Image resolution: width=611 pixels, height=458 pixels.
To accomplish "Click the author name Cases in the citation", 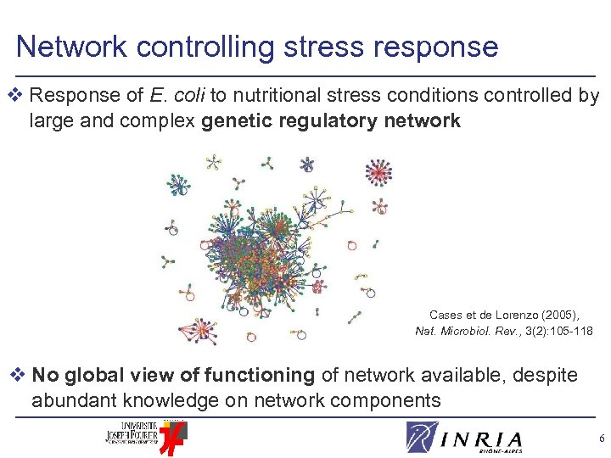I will (445, 314).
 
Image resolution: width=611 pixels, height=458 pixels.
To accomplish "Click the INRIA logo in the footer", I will (464, 437).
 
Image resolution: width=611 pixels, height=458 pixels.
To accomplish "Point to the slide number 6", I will (600, 438).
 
